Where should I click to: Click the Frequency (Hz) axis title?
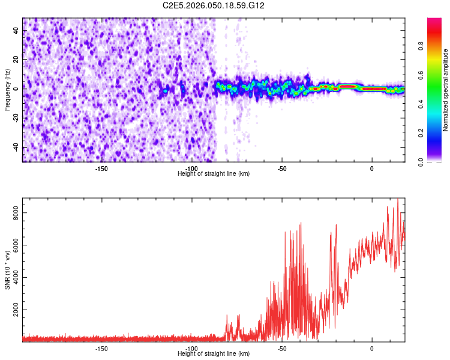coord(7,90)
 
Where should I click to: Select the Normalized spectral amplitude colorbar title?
coord(445,90)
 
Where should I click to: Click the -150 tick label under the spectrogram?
coord(101,168)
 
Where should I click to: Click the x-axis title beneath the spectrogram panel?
coord(214,173)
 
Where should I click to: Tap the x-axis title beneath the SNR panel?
coord(214,353)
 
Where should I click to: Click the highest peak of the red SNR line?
coord(397,199)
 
